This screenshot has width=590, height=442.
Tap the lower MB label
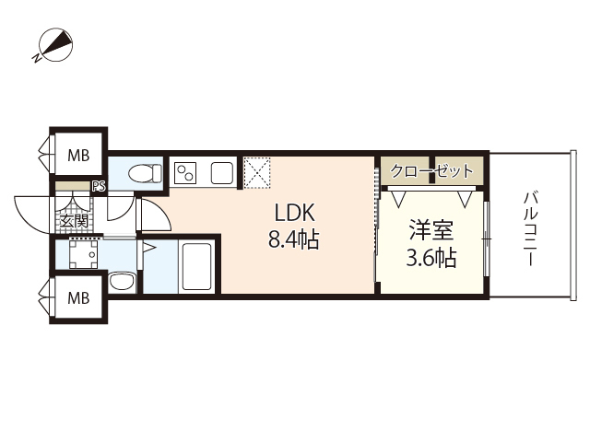point(78,297)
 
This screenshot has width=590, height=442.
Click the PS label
point(99,186)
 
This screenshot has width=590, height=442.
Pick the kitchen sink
point(221,172)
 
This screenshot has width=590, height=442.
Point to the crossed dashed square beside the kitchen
point(255,170)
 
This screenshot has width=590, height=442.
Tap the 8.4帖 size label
point(293,241)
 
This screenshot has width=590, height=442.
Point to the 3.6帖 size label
point(431,258)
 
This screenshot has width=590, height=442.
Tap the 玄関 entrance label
point(73,221)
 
